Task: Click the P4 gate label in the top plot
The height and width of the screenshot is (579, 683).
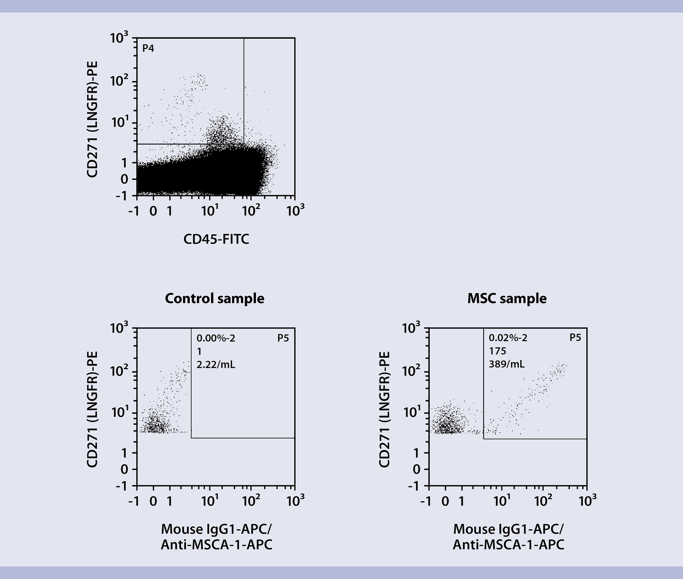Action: point(148,48)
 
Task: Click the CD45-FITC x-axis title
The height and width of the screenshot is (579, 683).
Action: point(216,239)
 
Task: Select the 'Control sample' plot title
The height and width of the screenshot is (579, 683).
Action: point(214,298)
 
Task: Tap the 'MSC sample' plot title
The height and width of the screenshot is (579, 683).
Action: point(507,298)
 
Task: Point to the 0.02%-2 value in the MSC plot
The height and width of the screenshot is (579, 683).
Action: point(508,338)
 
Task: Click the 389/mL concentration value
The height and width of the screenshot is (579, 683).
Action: point(506,364)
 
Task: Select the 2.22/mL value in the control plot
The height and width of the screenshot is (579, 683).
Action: point(216,365)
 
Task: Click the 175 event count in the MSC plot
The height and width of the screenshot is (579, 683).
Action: point(497,351)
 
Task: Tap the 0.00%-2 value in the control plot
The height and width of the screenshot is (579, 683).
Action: point(216,338)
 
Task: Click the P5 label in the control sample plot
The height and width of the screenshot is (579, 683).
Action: point(283,338)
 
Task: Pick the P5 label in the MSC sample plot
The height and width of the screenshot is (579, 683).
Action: point(575,338)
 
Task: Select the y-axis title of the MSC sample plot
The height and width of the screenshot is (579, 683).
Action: point(384,409)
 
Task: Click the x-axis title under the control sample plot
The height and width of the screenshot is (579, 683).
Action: point(216,536)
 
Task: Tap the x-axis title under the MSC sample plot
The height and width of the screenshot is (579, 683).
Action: point(508,536)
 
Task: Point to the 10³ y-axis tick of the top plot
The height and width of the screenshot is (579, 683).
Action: point(119,38)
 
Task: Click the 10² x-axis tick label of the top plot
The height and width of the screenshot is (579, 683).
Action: point(251,211)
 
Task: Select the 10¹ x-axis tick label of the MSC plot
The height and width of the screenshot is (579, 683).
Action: point(502,501)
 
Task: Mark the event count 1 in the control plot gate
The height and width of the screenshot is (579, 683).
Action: point(199,352)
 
